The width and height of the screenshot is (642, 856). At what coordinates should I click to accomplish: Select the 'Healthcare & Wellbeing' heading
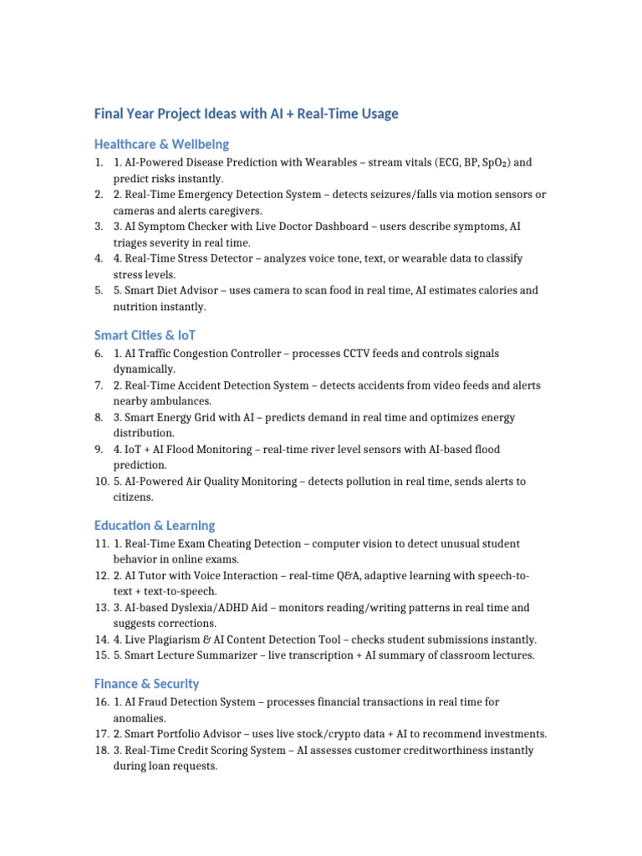pyautogui.click(x=161, y=144)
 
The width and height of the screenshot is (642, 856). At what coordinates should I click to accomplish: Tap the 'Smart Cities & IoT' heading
pyautogui.click(x=145, y=335)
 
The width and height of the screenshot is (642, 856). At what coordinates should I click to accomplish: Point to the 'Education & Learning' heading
pyautogui.click(x=155, y=526)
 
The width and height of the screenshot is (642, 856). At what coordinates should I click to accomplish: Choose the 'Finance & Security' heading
pyautogui.click(x=146, y=684)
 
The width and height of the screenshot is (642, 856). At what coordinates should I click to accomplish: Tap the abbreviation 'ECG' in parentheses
pyautogui.click(x=439, y=162)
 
